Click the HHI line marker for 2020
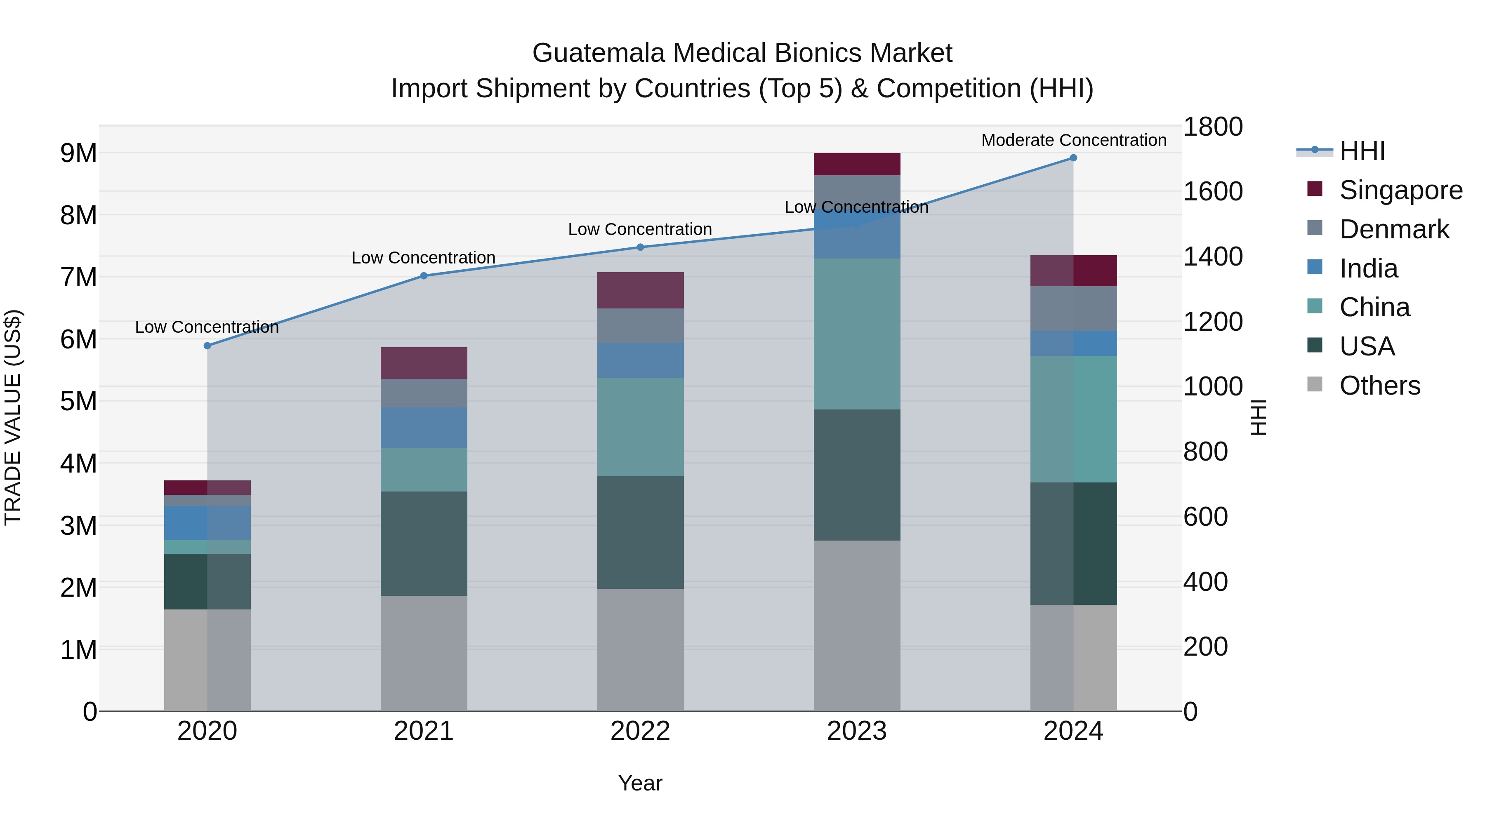coord(207,346)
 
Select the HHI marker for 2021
coord(424,275)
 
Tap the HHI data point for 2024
coord(1073,158)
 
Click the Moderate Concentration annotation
coord(1073,141)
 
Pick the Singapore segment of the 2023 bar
coord(857,164)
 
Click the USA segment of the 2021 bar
coord(424,543)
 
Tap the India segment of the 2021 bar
coord(424,428)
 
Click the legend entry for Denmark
coord(1393,229)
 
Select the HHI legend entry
coord(1362,151)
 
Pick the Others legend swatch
coord(1315,384)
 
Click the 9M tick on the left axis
coord(78,153)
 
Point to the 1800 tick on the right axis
coord(1213,127)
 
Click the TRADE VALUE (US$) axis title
coord(13,417)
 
